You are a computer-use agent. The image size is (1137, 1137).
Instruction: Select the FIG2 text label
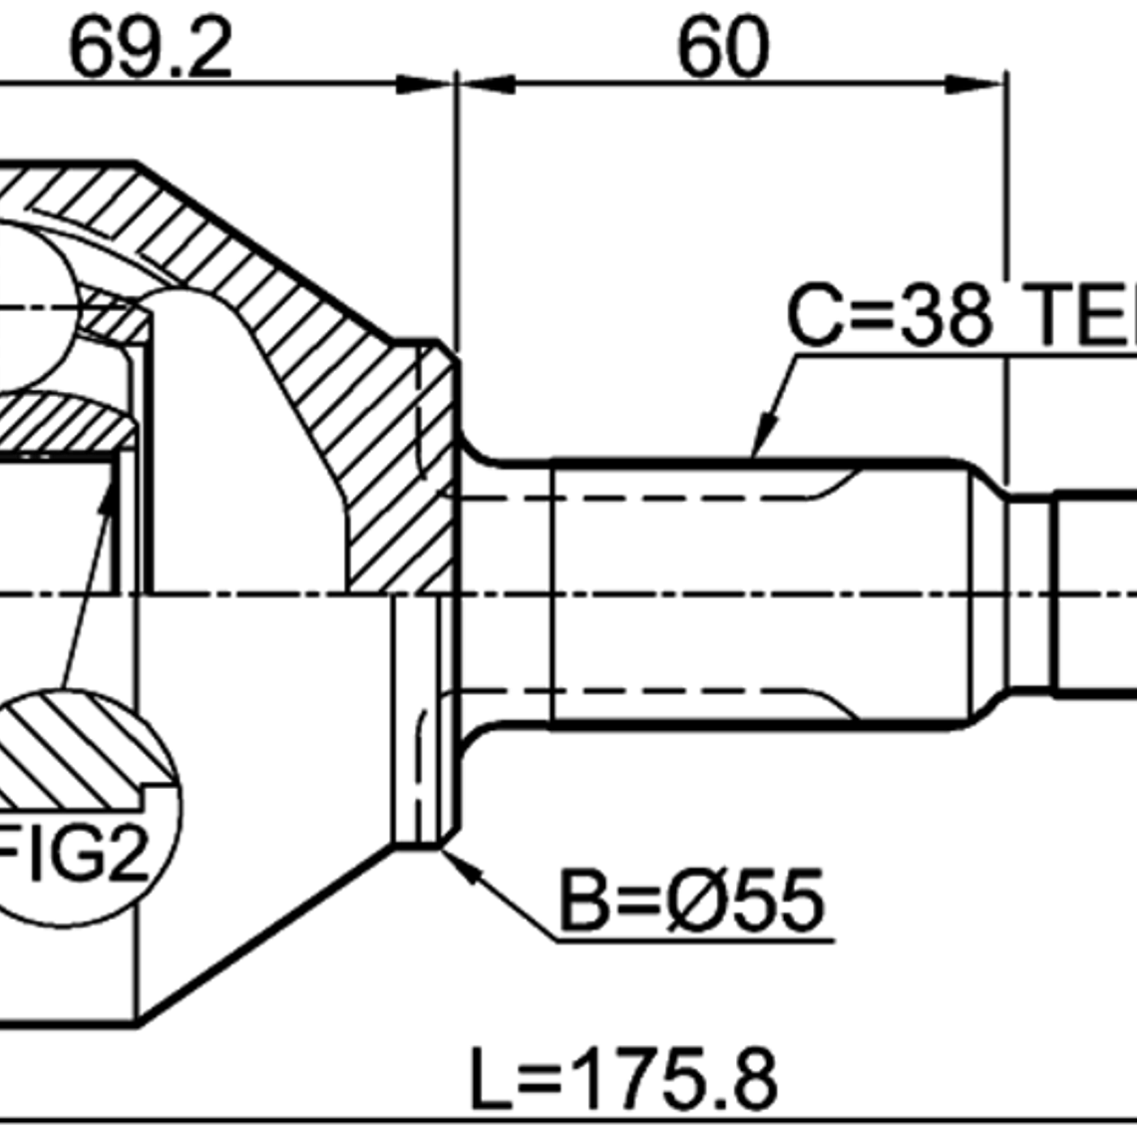pos(75,856)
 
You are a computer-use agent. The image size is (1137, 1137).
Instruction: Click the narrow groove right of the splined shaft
pos(1030,593)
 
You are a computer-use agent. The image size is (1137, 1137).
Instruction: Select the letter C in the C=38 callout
pos(813,314)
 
